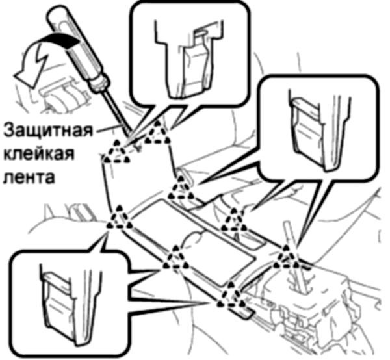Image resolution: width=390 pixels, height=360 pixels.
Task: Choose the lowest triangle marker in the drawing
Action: [230, 300]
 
